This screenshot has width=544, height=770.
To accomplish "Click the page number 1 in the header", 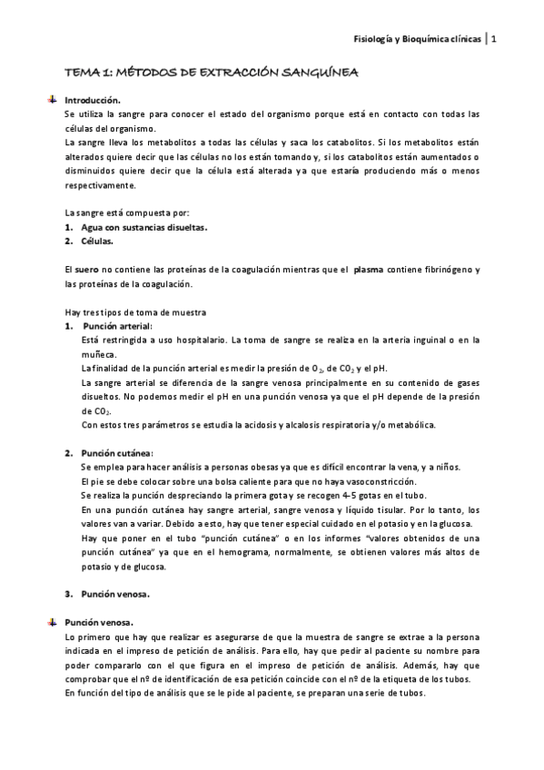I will coord(494,39).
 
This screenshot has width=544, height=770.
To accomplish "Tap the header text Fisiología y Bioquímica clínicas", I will coord(417,39).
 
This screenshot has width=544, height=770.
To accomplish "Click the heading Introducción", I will coord(93,100).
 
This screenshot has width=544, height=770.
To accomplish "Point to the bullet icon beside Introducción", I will coord(53,99).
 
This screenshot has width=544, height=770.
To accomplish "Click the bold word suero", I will coord(87,271).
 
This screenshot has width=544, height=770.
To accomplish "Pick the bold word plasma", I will coord(368,271).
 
